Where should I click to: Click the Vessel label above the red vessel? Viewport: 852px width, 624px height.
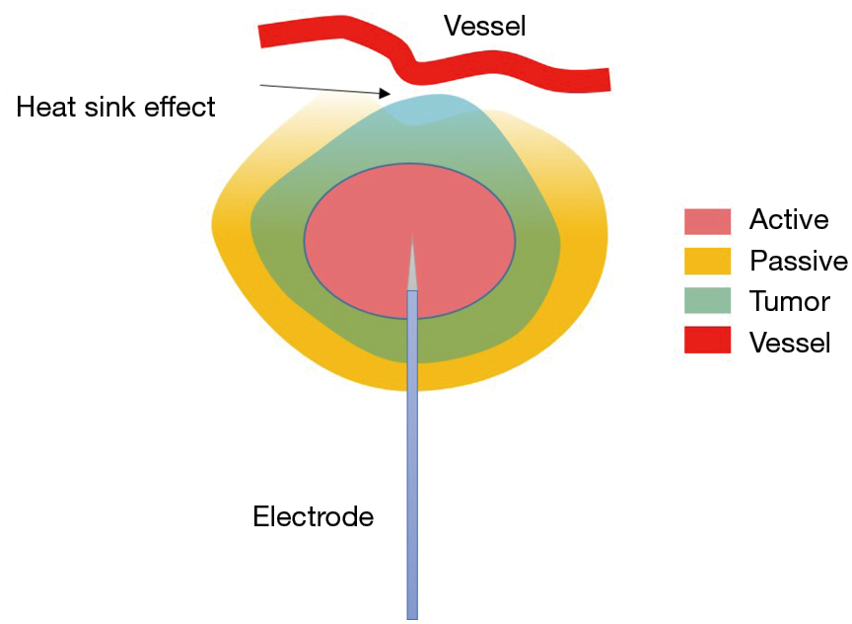(x=484, y=26)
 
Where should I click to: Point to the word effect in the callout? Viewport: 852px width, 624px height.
(x=179, y=107)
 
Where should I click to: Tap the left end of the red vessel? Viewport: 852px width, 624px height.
(x=264, y=36)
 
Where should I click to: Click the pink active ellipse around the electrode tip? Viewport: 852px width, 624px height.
(x=365, y=237)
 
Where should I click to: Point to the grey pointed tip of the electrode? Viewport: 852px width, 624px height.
(x=412, y=267)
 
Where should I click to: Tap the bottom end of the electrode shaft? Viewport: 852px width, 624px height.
(x=412, y=614)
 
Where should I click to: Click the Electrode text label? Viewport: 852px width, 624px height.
(x=314, y=516)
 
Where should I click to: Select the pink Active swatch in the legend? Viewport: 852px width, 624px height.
(x=707, y=221)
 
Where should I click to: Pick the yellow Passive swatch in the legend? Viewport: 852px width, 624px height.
(x=707, y=261)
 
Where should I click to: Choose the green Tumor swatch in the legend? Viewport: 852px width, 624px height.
(x=707, y=301)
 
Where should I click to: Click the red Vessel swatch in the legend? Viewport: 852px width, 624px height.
(x=707, y=341)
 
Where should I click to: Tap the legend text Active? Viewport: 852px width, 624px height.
(x=789, y=220)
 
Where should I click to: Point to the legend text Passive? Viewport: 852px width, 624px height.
(x=799, y=261)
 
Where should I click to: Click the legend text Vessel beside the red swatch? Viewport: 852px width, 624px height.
(x=790, y=342)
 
